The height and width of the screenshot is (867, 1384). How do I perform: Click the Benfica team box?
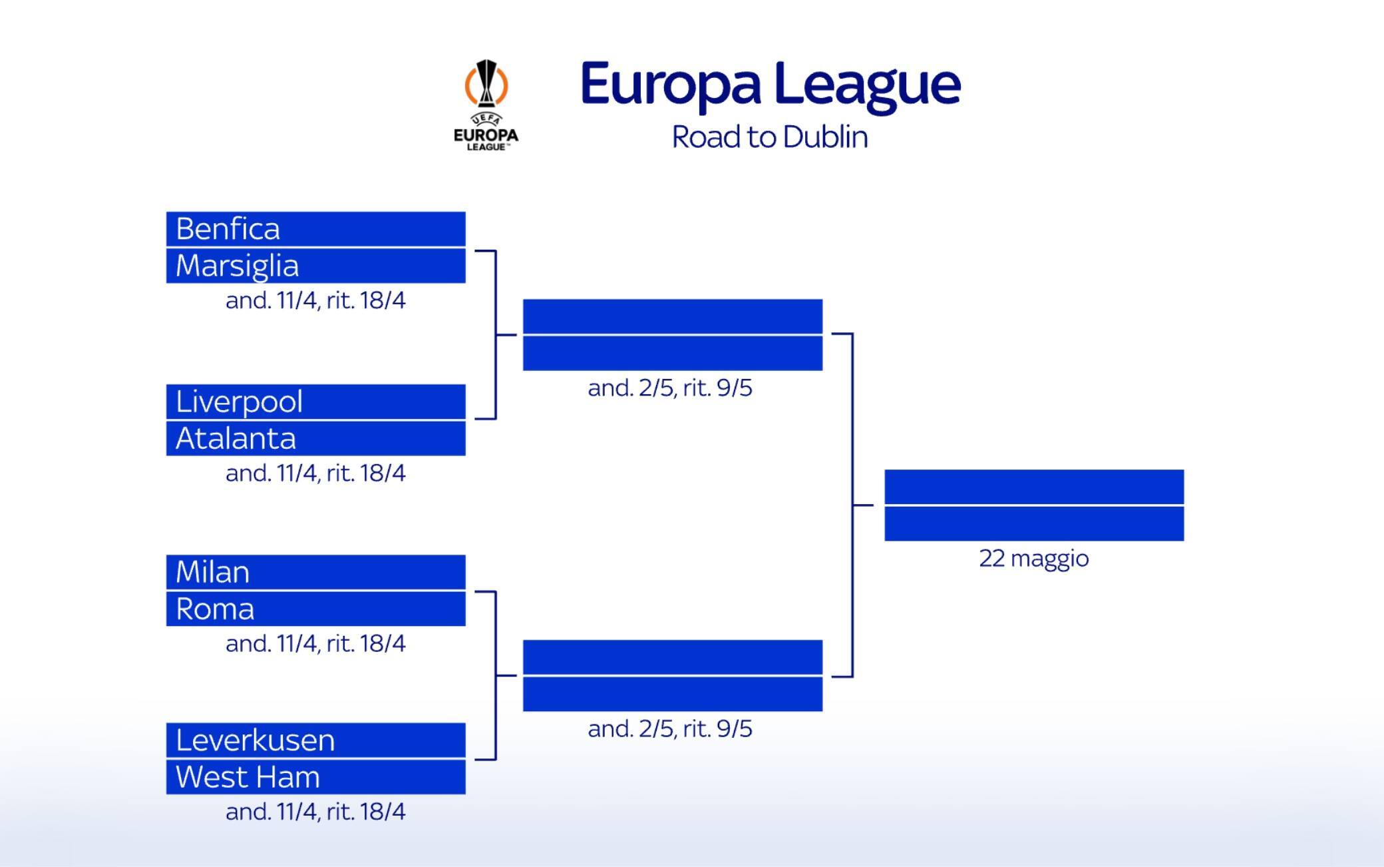click(315, 229)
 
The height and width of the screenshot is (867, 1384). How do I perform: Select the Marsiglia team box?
click(315, 266)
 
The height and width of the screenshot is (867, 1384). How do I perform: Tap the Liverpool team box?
click(315, 402)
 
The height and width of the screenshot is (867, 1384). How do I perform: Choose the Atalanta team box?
click(315, 438)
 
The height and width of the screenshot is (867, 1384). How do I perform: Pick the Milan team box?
click(315, 572)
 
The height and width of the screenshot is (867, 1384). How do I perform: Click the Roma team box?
click(315, 609)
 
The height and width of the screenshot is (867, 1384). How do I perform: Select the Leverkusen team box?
click(315, 740)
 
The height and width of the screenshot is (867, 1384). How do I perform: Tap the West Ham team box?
click(315, 777)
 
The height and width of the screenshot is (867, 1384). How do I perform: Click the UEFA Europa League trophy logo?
click(486, 105)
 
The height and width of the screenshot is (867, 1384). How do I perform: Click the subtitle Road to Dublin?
click(770, 137)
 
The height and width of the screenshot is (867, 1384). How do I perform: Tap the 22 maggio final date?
click(1034, 558)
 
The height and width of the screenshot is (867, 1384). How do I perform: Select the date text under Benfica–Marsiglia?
click(315, 300)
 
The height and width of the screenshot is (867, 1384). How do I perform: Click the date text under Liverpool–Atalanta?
click(315, 473)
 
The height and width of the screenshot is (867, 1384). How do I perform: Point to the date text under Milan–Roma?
click(315, 643)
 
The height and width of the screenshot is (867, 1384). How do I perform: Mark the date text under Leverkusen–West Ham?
click(315, 811)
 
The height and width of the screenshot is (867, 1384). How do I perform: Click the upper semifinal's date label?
click(670, 388)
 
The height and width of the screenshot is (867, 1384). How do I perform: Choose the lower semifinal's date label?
click(670, 728)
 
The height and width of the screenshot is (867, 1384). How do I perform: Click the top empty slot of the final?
click(1034, 487)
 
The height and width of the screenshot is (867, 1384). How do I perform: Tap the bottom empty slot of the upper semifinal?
click(673, 353)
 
